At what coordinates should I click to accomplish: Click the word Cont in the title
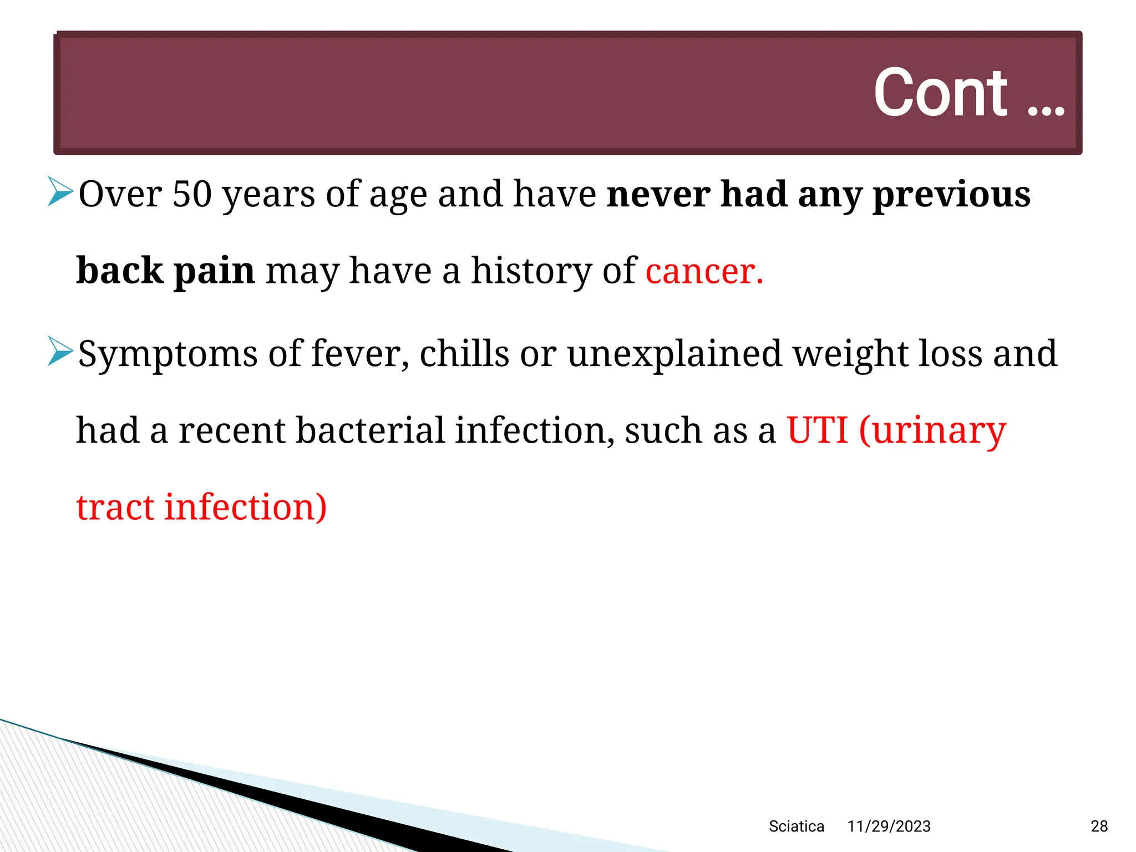pyautogui.click(x=940, y=93)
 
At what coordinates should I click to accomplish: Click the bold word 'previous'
pyautogui.click(x=951, y=195)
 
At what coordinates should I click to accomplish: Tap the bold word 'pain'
pyautogui.click(x=214, y=272)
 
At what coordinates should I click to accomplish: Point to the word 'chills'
pyautogui.click(x=464, y=354)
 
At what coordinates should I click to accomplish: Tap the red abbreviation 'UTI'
pyautogui.click(x=817, y=430)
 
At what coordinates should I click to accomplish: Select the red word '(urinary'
pyautogui.click(x=932, y=432)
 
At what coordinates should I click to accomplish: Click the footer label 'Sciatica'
pyautogui.click(x=796, y=826)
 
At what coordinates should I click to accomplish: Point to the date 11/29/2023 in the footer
pyautogui.click(x=889, y=826)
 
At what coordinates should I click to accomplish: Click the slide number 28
pyautogui.click(x=1099, y=826)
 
